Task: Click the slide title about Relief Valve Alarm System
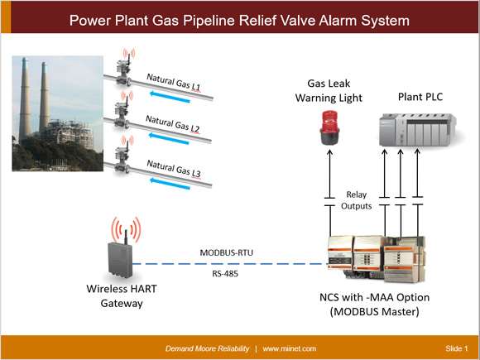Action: click(x=240, y=18)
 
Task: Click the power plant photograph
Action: click(x=57, y=108)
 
